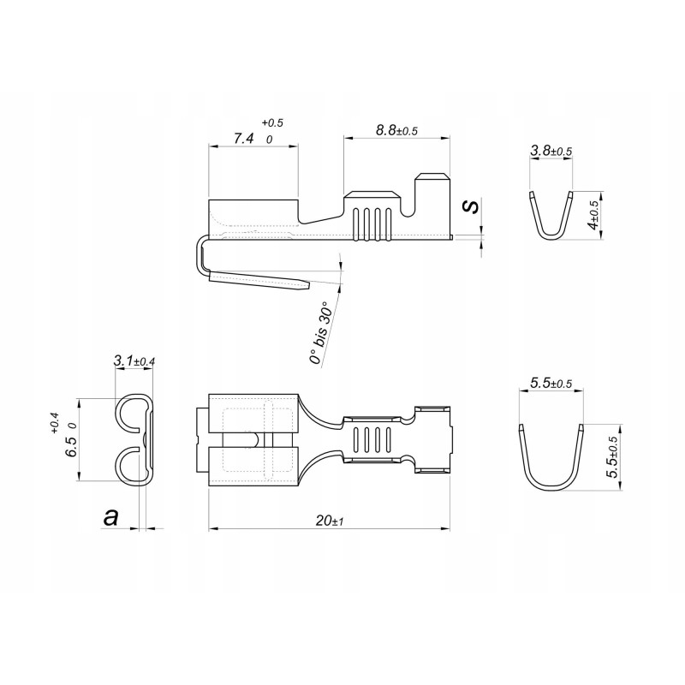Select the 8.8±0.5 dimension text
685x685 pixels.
396,130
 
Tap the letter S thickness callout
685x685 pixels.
468,206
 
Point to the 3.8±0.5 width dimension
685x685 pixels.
551,152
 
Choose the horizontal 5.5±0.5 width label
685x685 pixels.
551,384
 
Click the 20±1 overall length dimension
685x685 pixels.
329,520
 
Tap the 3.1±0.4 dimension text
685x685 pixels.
134,362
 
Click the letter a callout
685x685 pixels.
110,516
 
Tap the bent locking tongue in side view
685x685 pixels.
257,280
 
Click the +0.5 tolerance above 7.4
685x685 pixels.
272,122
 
